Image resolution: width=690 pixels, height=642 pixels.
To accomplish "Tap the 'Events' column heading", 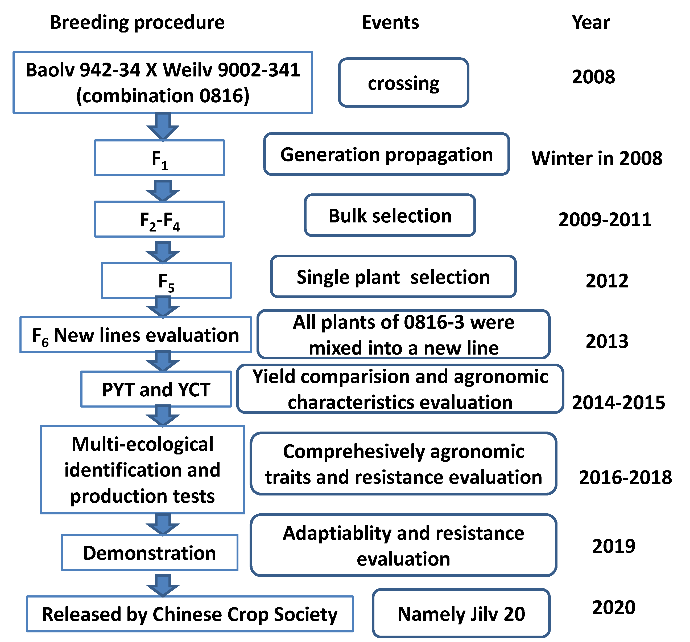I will point(390,23).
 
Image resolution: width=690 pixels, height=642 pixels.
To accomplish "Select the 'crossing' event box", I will point(404,83).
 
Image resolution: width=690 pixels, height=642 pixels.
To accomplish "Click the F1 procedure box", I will point(159,158).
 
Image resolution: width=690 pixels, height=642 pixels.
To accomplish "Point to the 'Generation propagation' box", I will point(386,154).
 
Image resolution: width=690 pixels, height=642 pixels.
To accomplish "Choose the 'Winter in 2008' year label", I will point(597,159).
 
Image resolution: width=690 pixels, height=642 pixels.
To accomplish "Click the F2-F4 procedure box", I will point(159,220).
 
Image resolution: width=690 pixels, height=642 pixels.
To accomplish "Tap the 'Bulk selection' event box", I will point(390,216).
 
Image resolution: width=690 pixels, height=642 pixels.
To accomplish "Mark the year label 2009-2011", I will point(605,220).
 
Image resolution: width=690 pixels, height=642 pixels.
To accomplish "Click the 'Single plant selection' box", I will point(393,277).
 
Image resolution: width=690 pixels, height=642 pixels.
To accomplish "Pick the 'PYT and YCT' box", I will point(156,389).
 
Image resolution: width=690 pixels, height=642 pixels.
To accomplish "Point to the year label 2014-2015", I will point(618,402).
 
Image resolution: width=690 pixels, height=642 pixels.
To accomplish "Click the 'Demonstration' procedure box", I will point(150,553).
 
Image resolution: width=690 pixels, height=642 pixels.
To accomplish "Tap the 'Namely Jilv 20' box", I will point(461,614).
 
